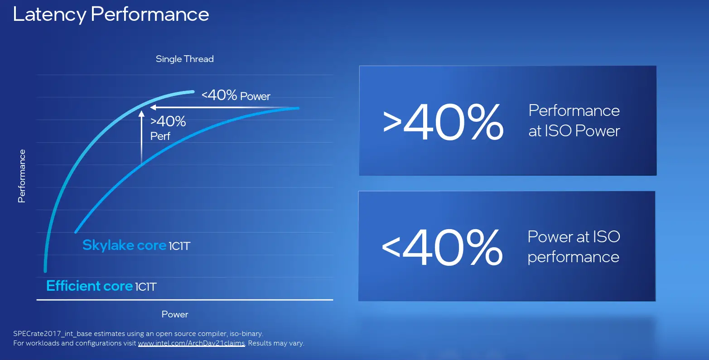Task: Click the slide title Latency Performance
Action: click(x=111, y=14)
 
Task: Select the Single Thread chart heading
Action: click(x=184, y=59)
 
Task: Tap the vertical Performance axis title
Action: click(x=22, y=176)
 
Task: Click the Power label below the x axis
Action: click(x=175, y=314)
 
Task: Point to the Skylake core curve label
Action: click(x=136, y=245)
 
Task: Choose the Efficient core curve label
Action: click(x=101, y=286)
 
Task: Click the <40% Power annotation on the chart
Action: click(x=236, y=95)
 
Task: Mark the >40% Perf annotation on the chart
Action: click(x=168, y=128)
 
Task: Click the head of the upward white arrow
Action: click(x=141, y=114)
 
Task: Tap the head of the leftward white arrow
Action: click(x=153, y=108)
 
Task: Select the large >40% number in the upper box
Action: click(x=443, y=122)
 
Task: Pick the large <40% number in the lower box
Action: click(x=442, y=247)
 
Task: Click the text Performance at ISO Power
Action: click(x=574, y=120)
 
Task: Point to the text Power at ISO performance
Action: click(x=574, y=246)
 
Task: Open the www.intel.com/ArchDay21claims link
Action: click(x=192, y=343)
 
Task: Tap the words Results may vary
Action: click(x=276, y=343)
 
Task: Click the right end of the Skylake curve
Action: click(x=298, y=108)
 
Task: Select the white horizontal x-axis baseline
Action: click(x=185, y=300)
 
